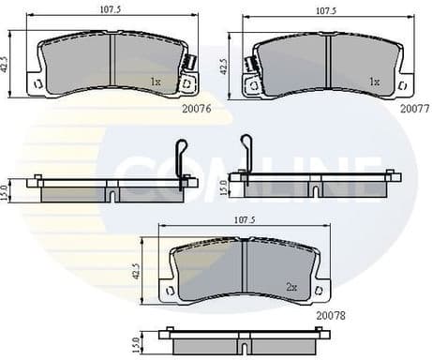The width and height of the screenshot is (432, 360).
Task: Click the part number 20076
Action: [x=198, y=108]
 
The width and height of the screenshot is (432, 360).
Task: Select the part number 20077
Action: [x=414, y=108]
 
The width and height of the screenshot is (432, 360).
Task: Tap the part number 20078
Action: [x=331, y=316]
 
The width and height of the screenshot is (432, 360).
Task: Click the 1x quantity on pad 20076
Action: [x=156, y=82]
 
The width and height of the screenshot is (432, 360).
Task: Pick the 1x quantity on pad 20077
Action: [x=374, y=82]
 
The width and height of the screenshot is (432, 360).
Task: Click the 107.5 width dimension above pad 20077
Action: [x=325, y=11]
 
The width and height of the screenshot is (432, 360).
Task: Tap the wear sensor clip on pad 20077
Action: [x=250, y=66]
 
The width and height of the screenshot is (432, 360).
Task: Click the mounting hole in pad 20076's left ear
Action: [x=37, y=83]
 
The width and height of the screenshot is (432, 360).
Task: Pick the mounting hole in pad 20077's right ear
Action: [x=404, y=83]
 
